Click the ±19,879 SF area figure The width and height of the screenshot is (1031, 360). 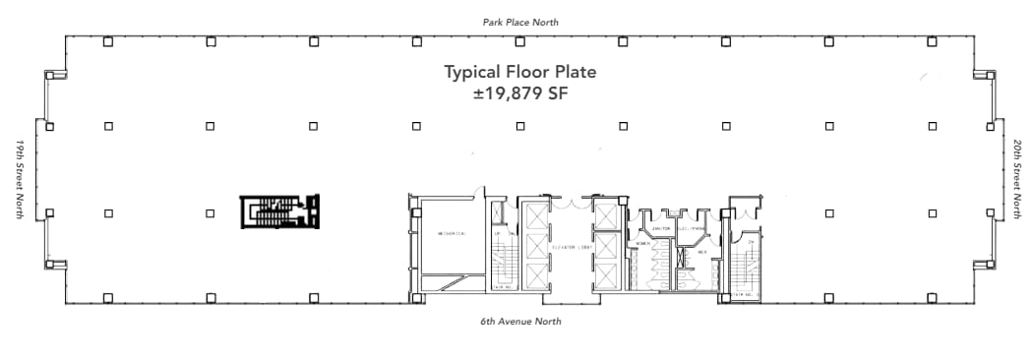click(520, 95)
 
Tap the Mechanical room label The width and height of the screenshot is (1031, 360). click(451, 233)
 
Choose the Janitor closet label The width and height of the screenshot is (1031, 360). click(661, 227)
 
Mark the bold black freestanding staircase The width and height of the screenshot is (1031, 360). click(280, 212)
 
